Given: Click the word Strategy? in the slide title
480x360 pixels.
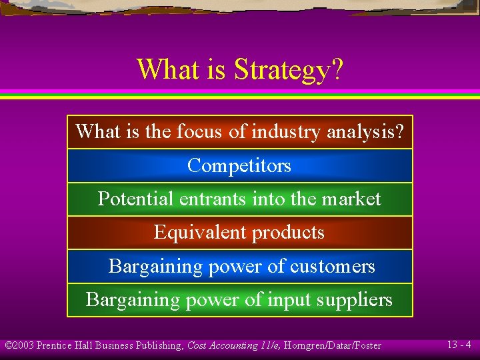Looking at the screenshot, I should coord(288,70).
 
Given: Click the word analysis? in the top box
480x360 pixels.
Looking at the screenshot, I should coord(365,131).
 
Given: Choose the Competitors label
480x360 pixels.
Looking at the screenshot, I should coord(239,165).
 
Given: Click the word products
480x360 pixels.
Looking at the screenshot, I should coord(285,233).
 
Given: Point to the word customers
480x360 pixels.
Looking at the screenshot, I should coord(333,266).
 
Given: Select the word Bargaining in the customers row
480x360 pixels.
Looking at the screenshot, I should coord(155,266).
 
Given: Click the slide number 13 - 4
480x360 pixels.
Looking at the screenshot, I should coord(459,345).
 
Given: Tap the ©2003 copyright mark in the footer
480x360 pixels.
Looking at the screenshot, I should coord(19,345).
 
